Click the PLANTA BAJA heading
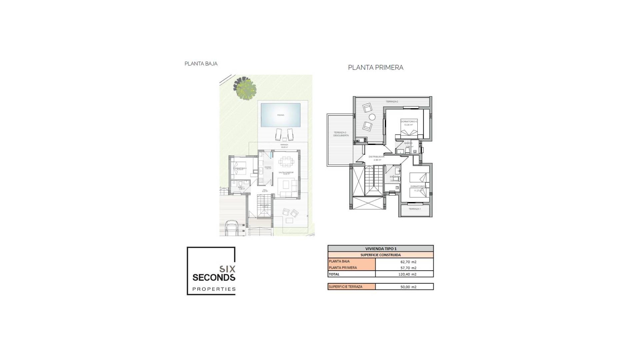[201, 64]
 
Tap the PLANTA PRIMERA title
[375, 68]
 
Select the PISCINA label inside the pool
[281, 115]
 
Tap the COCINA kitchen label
[267, 167]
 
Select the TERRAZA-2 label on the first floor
[392, 101]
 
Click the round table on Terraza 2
[372, 117]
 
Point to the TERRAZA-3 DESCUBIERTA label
[341, 134]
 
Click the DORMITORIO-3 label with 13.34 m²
[409, 122]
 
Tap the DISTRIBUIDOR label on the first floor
[377, 157]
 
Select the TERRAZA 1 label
[414, 209]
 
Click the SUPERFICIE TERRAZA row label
[345, 287]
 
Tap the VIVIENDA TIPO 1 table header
[381, 249]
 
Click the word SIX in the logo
[227, 269]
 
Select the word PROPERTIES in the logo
[214, 289]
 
